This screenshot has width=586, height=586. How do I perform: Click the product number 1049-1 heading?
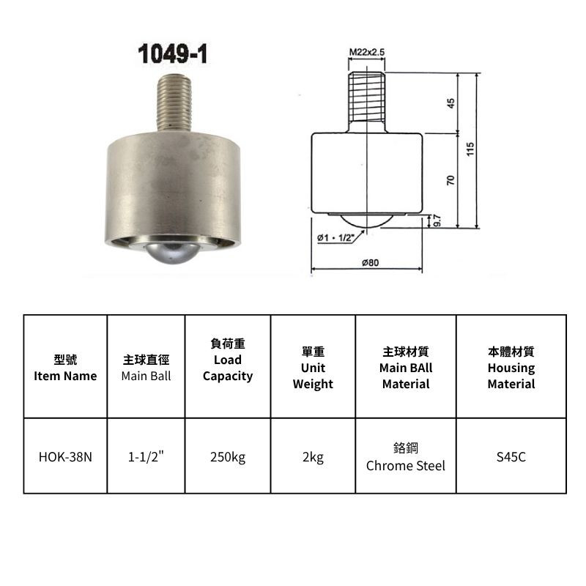(x=173, y=53)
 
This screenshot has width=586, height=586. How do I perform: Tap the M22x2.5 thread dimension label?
(x=367, y=52)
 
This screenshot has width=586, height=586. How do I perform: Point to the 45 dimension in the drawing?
(x=450, y=103)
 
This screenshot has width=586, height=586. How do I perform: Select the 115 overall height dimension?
(x=470, y=149)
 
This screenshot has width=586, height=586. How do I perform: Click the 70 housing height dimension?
(x=450, y=180)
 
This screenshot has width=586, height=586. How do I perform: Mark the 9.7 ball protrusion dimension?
(x=437, y=220)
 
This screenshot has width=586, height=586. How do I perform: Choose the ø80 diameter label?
(x=370, y=263)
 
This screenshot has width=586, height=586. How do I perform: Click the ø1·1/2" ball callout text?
(x=335, y=237)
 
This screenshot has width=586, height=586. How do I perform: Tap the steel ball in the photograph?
(x=171, y=253)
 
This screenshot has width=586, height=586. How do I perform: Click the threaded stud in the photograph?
(x=174, y=103)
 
